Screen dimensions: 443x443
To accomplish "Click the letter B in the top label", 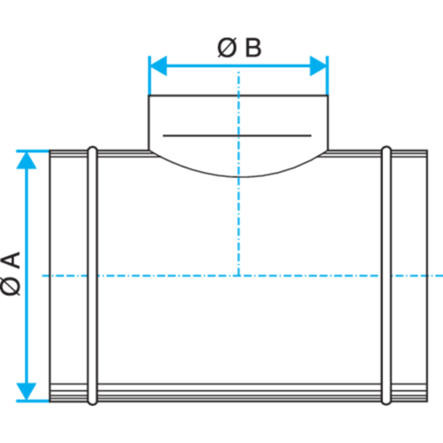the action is pos(253,48).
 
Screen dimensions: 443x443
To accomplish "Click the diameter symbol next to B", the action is pos(227,48).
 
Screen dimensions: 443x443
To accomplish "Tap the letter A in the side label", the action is pos(12,260).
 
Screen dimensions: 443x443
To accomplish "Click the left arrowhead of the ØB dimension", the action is pos(158,66).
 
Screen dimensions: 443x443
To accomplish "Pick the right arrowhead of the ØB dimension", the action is pos(318,66).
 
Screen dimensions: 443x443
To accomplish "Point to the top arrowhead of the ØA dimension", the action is pos(27,160).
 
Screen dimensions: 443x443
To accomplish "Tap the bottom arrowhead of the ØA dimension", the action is pos(27,392).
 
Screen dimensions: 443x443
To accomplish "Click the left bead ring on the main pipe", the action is pos(93,276).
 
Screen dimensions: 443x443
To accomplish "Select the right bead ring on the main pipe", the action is pos(386,276).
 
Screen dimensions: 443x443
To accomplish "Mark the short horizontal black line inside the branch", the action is pos(237,136).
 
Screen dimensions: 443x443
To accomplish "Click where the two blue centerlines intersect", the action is pos(238,276).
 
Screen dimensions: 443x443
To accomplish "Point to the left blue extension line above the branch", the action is pos(150,75).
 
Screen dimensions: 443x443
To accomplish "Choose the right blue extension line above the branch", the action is pos(327,75).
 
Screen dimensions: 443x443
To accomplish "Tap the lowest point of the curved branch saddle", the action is pos(238,177).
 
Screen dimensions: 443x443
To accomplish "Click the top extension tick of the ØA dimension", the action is pos(33,151).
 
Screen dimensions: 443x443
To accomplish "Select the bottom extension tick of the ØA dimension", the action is pos(33,401).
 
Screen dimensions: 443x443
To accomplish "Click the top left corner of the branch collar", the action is pos(149,96).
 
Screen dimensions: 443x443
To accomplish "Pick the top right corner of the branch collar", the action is pos(328,96).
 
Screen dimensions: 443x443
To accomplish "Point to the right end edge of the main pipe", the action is pos(427,276).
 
